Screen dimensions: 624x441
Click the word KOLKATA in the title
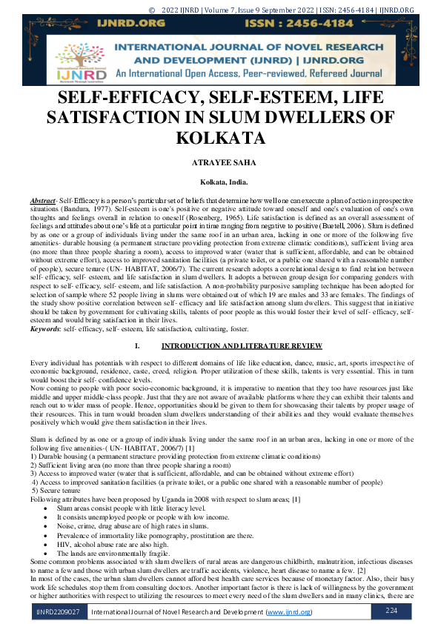[220, 139]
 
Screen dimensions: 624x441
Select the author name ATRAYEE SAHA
[220, 164]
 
